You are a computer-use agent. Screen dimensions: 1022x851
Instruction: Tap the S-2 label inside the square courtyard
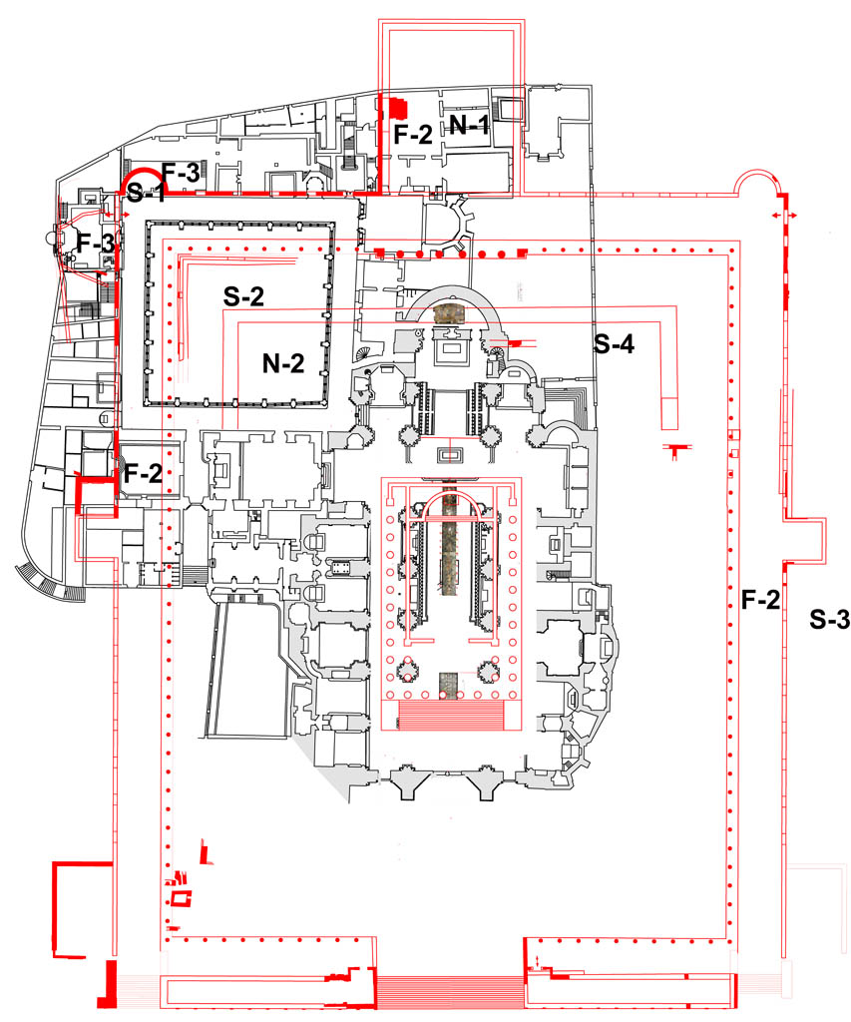243,295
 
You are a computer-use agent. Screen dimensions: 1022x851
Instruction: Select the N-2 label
283,365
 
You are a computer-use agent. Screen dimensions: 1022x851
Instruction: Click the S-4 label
616,345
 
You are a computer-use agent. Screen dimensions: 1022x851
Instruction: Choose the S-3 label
829,619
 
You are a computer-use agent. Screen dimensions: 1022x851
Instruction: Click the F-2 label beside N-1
412,135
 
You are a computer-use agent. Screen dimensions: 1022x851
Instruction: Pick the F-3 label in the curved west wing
98,244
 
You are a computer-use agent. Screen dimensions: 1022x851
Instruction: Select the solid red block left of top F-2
398,107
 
